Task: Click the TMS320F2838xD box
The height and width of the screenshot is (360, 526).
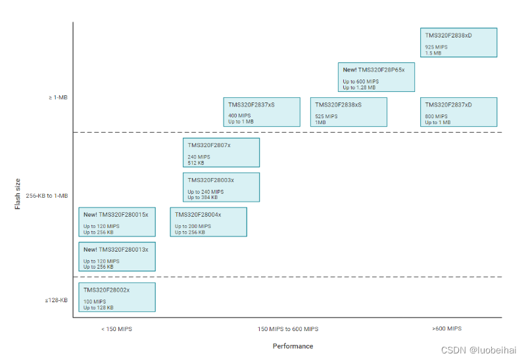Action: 458,43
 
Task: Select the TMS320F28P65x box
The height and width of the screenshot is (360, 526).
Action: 376,78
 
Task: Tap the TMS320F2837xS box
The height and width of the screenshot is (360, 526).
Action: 262,112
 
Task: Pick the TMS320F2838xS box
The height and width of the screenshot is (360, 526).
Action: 348,112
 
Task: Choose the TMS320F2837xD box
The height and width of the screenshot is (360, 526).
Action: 458,112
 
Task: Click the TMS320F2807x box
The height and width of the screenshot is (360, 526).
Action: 221,152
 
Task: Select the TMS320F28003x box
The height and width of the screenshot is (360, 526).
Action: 221,187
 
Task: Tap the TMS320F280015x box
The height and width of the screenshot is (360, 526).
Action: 117,222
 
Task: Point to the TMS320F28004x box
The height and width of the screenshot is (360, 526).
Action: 208,222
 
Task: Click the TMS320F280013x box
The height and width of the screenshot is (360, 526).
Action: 117,257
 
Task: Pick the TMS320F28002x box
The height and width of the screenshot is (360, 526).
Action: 117,298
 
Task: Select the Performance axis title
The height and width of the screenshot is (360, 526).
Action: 293,346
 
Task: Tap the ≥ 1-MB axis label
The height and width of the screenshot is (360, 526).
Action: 58,98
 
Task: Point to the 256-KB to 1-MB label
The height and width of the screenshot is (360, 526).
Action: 47,196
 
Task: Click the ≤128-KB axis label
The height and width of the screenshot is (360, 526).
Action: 57,300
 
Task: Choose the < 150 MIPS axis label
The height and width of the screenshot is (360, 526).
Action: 116,329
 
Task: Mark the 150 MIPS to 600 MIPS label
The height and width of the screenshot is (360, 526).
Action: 289,329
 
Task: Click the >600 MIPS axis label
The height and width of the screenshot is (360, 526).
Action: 446,328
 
